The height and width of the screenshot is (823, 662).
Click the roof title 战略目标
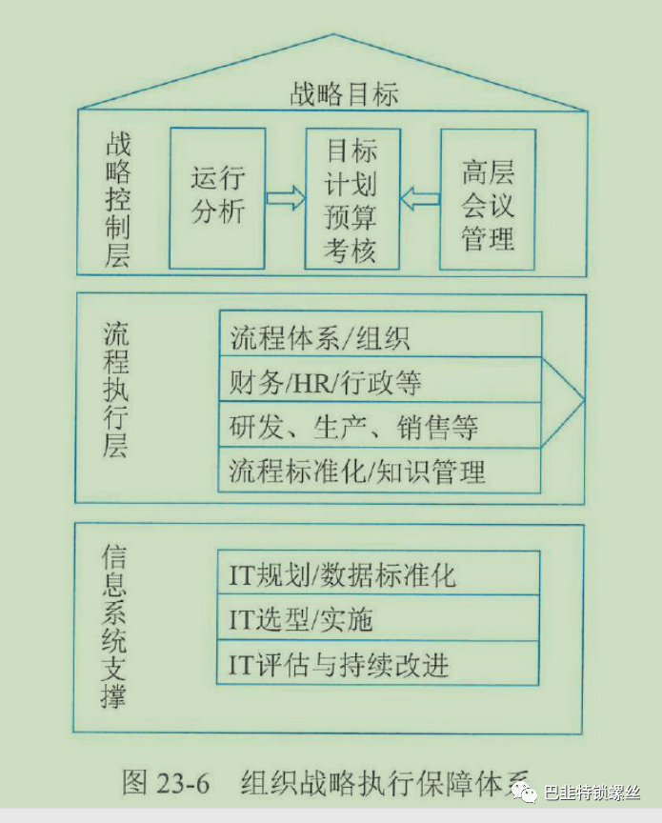(344, 94)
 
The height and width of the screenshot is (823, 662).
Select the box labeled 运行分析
(217, 197)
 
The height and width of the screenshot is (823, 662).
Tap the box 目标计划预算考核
(351, 199)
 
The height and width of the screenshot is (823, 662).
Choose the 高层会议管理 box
(488, 199)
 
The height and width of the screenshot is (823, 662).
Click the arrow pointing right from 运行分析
(285, 198)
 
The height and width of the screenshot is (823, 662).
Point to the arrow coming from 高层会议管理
(420, 199)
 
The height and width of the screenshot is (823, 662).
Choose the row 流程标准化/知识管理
(380, 471)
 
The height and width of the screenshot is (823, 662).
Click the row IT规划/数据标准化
(380, 574)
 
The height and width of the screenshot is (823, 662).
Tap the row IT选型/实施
(380, 619)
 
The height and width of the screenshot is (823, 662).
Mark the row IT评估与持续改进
(380, 664)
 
